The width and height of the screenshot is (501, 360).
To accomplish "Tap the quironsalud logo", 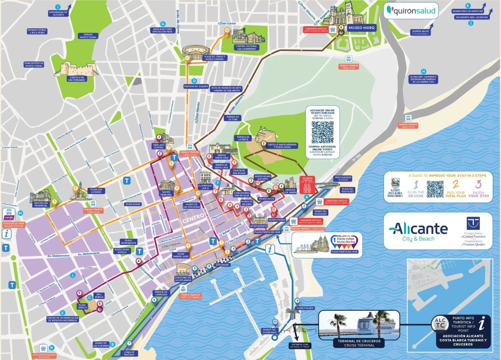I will [x=411, y=11].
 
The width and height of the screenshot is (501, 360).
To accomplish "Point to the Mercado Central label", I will [x=159, y=146].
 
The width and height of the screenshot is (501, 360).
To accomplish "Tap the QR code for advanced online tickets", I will [x=322, y=132].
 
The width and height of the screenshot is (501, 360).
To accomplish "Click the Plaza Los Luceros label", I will [x=96, y=190].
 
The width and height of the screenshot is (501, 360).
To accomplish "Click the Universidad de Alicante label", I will [x=58, y=14].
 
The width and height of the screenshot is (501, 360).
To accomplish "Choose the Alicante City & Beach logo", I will [x=418, y=231].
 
